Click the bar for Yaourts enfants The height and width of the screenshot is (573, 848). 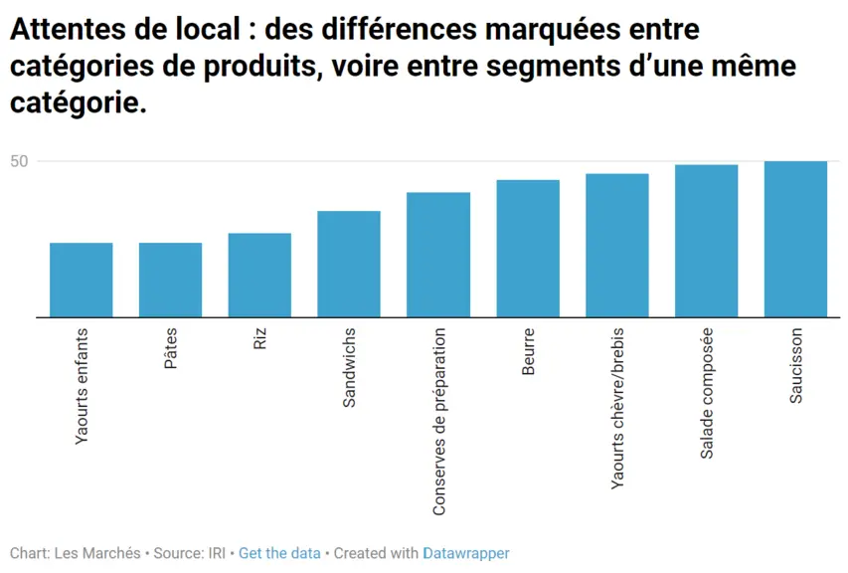(82, 280)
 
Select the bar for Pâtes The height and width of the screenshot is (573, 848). (170, 280)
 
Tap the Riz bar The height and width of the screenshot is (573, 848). (259, 275)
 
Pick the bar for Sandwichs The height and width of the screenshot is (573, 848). (349, 264)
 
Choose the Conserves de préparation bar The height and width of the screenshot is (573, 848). (438, 255)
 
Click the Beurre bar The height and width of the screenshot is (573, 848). (528, 249)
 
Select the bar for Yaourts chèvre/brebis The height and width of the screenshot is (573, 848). (617, 245)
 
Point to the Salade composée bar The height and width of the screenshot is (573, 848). (706, 241)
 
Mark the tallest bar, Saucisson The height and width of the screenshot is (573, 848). (795, 239)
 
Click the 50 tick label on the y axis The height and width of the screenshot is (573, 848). (19, 161)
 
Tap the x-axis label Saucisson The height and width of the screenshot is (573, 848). (795, 366)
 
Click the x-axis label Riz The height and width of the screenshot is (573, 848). (260, 338)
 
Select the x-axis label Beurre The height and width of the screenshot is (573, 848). (528, 351)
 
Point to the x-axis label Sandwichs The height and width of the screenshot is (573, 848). (349, 367)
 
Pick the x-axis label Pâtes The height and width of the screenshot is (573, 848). (170, 348)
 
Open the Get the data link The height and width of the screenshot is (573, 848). (279, 553)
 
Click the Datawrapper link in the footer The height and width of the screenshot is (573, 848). (466, 553)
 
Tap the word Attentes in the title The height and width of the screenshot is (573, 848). (68, 29)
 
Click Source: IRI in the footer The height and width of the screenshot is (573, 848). (189, 553)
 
